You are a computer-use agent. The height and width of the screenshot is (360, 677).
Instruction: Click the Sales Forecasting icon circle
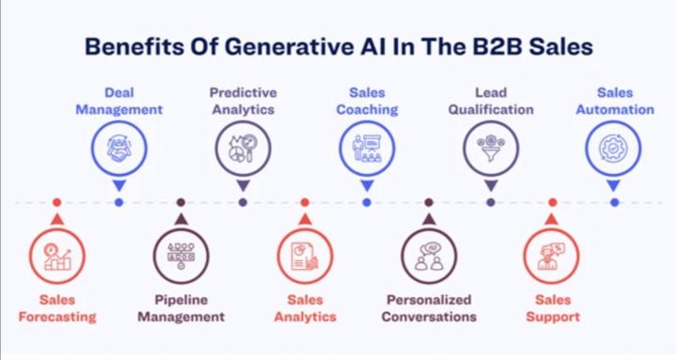click(56, 256)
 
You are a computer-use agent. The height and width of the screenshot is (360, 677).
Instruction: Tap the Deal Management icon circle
click(118, 149)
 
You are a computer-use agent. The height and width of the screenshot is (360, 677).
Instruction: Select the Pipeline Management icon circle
click(181, 256)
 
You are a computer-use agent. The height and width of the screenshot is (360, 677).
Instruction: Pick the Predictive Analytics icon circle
click(243, 149)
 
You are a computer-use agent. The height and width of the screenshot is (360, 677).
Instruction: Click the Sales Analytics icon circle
click(305, 256)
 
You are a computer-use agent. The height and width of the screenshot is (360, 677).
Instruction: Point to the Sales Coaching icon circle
click(367, 149)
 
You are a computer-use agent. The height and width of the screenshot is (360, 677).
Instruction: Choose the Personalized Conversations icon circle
click(429, 256)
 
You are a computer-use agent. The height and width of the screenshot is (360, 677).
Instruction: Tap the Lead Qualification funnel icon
click(491, 149)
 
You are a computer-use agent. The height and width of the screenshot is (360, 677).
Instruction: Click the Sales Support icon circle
click(552, 256)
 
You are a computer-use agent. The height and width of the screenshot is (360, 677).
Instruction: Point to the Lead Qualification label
click(491, 101)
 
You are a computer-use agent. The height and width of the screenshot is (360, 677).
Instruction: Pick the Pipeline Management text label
click(181, 308)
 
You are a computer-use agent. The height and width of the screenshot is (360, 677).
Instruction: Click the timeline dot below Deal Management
click(118, 202)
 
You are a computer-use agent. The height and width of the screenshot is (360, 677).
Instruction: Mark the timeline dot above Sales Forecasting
click(56, 202)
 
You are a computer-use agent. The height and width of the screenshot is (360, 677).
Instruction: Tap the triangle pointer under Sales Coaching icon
click(367, 185)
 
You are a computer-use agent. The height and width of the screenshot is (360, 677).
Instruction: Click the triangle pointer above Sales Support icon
click(552, 219)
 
